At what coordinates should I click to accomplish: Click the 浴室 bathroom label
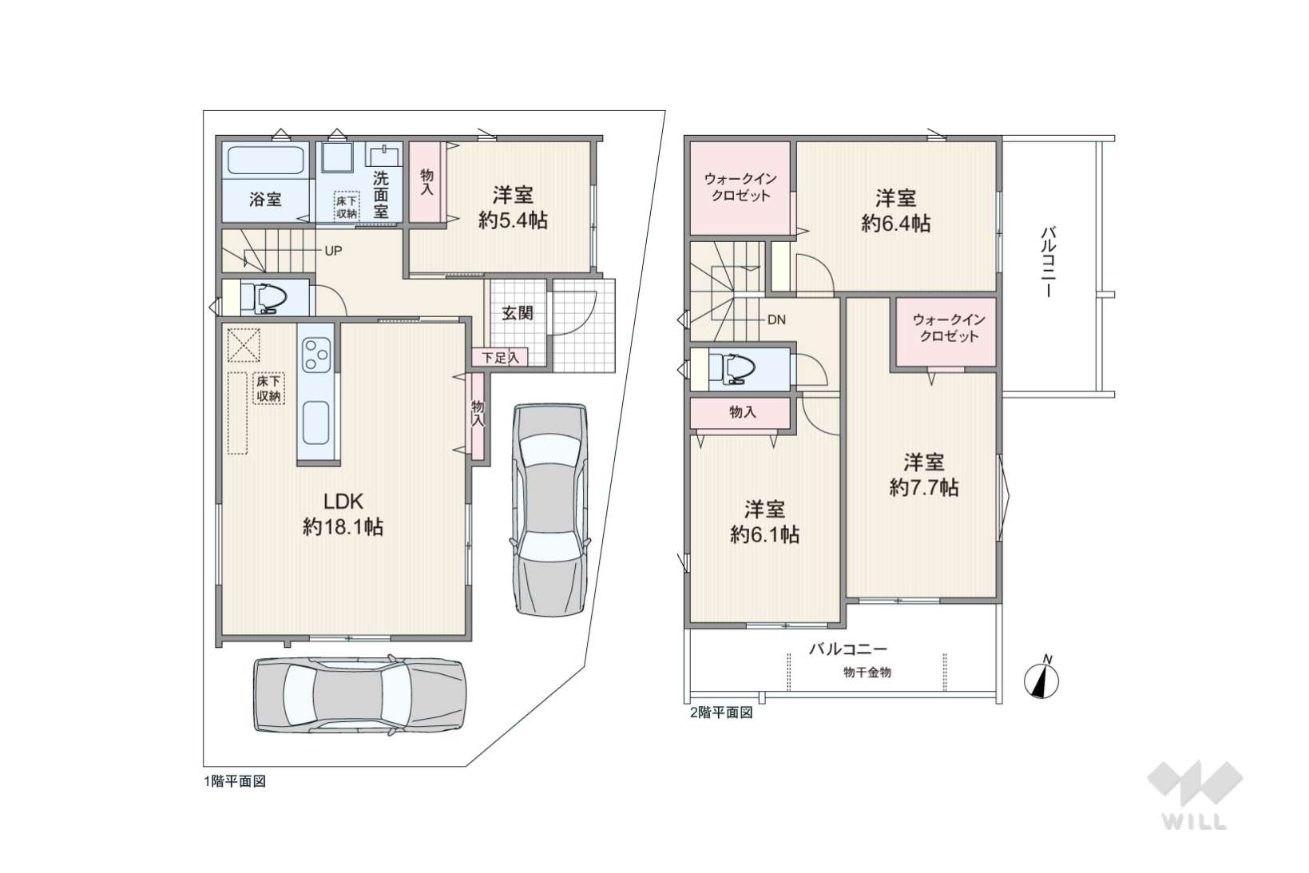pos(265,199)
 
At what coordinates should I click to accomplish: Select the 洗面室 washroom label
pos(380,195)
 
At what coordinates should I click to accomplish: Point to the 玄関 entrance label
pos(518,313)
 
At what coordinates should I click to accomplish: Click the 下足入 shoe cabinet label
pos(500,357)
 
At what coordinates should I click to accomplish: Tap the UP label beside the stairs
pos(333,252)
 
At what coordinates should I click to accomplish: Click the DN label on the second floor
pos(776,319)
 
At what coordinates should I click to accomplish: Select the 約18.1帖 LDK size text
pos(343,528)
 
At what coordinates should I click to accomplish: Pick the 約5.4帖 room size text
pos(513,220)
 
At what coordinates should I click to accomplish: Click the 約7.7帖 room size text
pos(924,487)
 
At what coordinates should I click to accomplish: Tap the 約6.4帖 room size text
pos(896,223)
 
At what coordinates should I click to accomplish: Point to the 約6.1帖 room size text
pos(764,534)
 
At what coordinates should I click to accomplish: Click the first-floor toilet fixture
pos(264,298)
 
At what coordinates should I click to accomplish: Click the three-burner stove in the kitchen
pos(316,354)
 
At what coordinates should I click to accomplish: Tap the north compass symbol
pos(1041,680)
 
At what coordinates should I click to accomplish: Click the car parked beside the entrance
pos(550,509)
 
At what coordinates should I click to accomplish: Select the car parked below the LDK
pos(360,696)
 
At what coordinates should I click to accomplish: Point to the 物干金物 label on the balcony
pos(867,673)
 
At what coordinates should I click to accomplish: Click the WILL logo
pos(1195,795)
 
